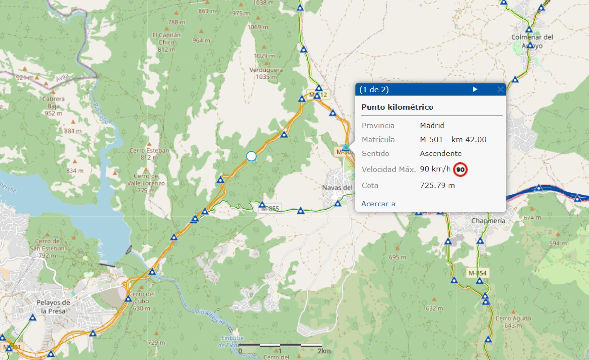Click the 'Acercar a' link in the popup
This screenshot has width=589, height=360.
378,204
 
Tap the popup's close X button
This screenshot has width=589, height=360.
500,89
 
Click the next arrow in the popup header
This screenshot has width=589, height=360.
475,89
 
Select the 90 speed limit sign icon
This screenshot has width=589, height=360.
460,170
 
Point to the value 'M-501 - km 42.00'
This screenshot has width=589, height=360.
453,139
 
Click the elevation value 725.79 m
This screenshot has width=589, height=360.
437,185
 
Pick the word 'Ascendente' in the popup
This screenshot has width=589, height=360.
440,153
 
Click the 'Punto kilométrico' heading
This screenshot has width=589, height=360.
397,107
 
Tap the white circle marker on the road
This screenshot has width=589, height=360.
251,156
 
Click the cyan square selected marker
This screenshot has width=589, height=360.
346,147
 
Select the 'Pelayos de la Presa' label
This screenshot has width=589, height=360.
53,306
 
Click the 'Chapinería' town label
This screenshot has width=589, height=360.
488,221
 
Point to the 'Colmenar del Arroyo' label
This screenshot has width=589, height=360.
532,41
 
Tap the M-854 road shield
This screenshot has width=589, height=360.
477,273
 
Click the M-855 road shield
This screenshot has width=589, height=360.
270,208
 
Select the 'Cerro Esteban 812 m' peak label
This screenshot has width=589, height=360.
149,154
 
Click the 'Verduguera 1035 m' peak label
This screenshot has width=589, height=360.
266,73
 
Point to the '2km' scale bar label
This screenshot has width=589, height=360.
324,351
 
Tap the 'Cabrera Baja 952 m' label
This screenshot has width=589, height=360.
53,106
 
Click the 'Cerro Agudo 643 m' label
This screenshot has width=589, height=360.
513,322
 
